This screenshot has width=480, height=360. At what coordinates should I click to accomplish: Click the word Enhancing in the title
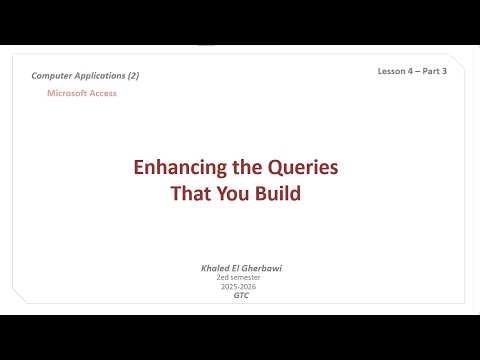click(175, 168)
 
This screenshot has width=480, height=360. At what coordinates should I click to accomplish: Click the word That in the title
click(192, 193)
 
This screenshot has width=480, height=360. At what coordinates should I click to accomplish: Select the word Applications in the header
click(103, 76)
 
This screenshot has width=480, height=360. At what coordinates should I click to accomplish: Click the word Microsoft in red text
click(69, 93)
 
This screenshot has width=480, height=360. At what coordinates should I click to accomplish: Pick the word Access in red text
click(104, 93)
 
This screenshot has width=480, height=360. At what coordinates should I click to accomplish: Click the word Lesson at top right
click(392, 71)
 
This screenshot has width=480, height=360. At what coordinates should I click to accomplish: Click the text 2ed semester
click(237, 279)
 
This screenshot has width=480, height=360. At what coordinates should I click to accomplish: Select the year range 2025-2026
click(237, 288)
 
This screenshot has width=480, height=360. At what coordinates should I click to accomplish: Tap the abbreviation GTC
click(237, 297)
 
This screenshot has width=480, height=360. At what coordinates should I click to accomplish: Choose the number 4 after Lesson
click(411, 71)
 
